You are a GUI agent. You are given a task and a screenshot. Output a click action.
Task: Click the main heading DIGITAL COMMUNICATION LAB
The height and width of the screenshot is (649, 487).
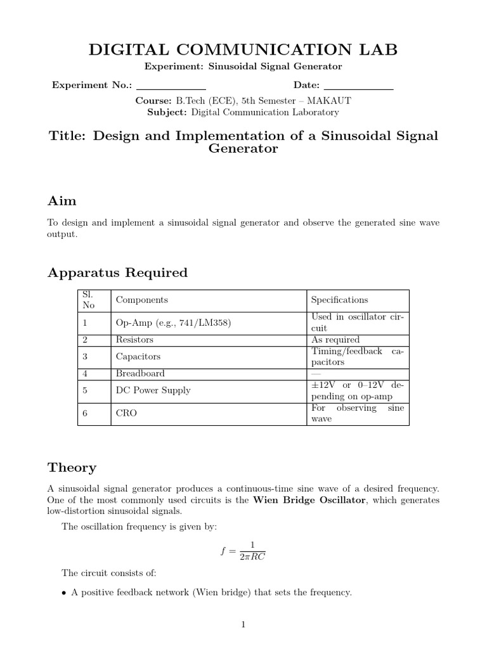tap(243, 49)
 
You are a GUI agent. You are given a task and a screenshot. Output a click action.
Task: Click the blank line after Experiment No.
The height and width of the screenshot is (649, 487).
tap(171, 87)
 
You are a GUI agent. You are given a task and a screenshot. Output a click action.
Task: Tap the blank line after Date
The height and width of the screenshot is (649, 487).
tap(358, 87)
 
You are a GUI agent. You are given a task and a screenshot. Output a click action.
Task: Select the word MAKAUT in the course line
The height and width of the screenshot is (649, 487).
tap(330, 101)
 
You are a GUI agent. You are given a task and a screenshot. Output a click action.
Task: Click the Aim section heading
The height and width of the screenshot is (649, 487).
tap(62, 201)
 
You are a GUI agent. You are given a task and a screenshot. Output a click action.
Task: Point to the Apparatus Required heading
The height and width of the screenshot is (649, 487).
tap(118, 273)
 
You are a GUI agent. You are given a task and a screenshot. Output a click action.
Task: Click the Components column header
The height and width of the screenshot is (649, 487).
tap(142, 300)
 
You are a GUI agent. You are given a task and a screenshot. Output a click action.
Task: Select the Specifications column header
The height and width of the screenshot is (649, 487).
tap(340, 300)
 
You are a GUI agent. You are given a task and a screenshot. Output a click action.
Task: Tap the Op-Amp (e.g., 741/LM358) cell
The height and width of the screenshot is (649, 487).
tap(173, 323)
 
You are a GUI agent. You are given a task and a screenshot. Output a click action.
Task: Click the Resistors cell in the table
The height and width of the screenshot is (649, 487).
tap(134, 340)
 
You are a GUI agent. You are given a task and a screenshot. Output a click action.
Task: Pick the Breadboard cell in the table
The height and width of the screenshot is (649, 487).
tap(140, 373)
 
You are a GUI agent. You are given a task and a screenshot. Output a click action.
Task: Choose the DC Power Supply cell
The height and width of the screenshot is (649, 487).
tap(153, 390)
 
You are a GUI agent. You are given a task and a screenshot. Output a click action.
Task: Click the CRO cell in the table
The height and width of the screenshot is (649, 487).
tap(126, 413)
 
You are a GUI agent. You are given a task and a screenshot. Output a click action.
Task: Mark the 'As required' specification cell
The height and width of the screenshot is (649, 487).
tap(335, 340)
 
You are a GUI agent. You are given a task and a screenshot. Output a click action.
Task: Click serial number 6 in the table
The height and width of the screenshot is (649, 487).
tap(85, 413)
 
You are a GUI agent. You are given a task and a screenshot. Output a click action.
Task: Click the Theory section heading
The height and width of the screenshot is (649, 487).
tap(72, 468)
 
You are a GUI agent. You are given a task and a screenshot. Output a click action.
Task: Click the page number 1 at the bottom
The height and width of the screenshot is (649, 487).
tap(243, 624)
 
